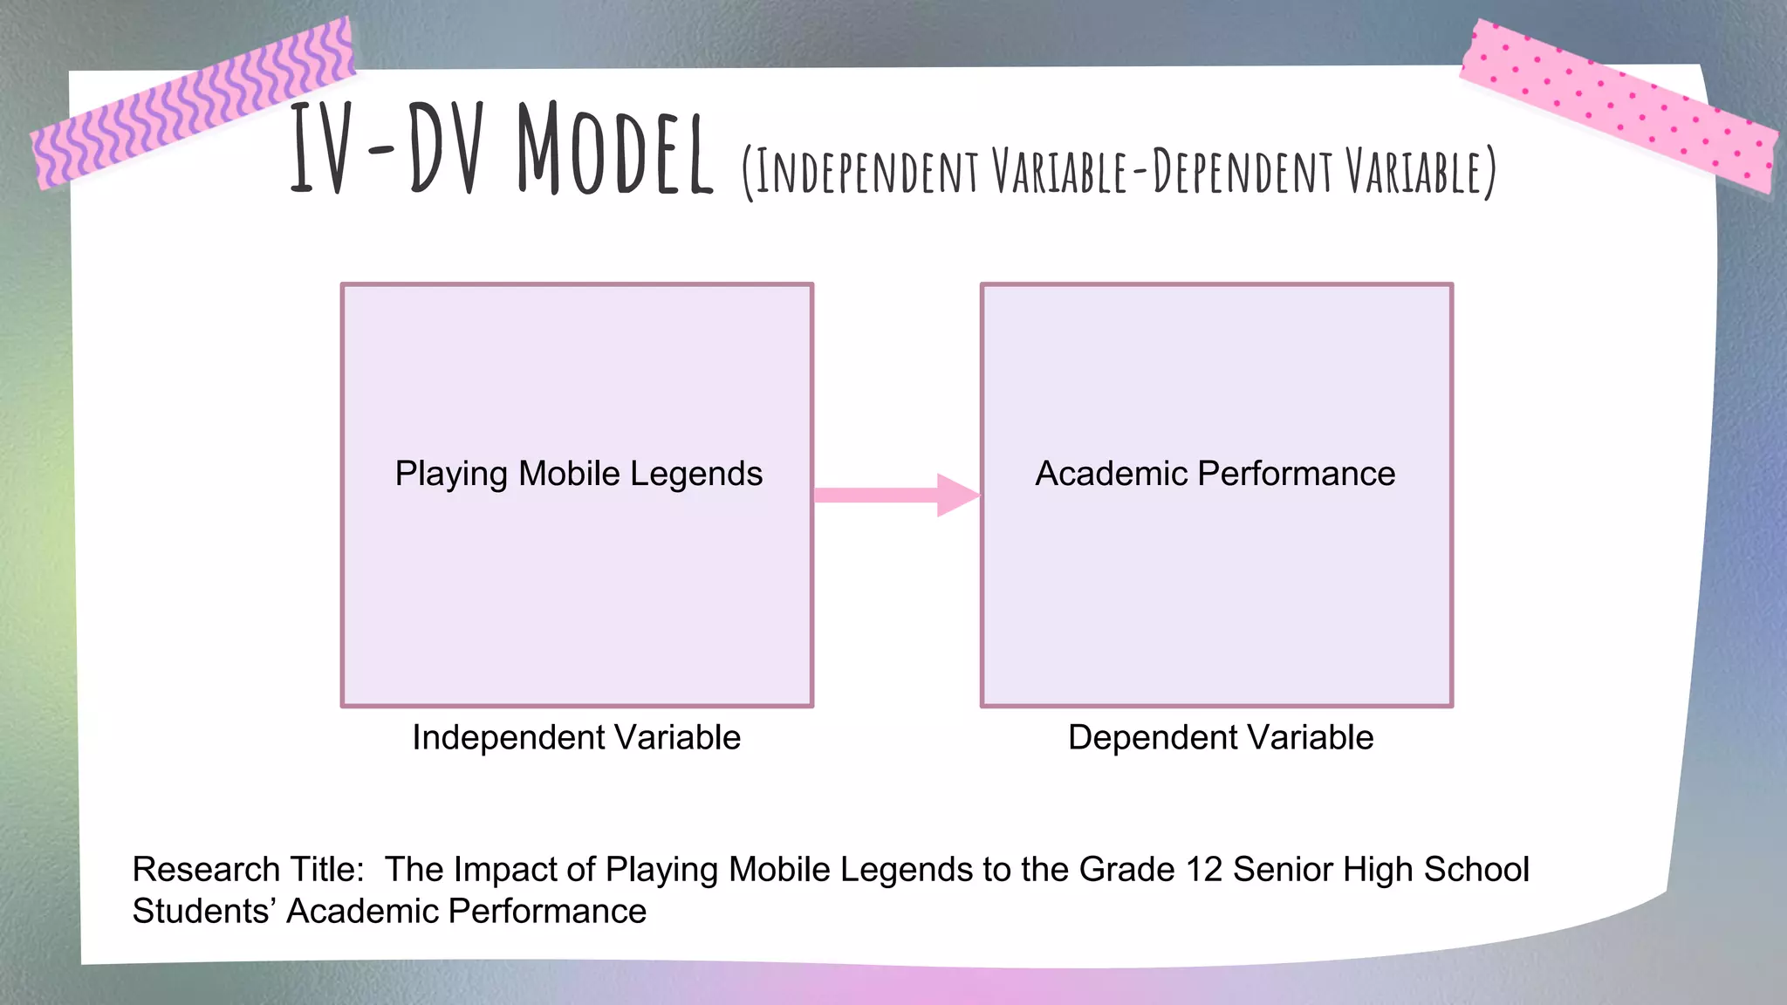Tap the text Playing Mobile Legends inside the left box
(x=579, y=474)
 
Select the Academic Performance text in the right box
(x=1215, y=474)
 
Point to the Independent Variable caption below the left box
(x=576, y=738)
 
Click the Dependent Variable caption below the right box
(x=1220, y=738)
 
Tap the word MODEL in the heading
(x=614, y=150)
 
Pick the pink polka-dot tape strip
(x=1619, y=105)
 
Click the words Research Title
(x=248, y=870)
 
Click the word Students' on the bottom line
(x=204, y=912)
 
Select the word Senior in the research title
(x=1283, y=870)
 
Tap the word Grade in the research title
(x=1126, y=870)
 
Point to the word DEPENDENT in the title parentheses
(x=1243, y=172)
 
